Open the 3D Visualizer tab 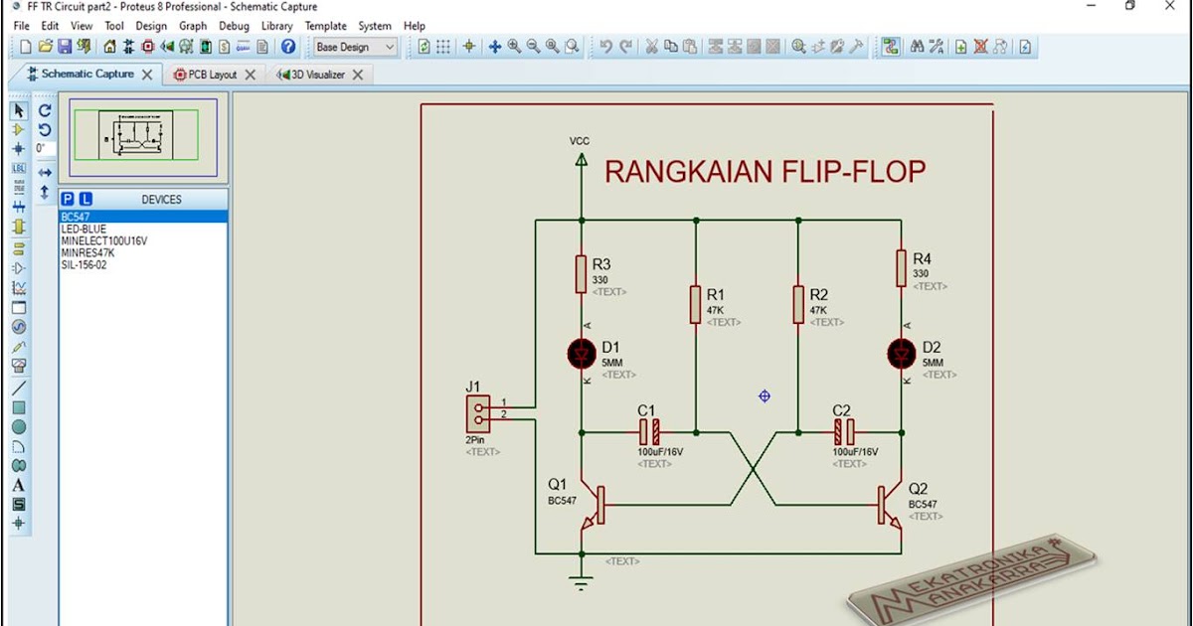pyautogui.click(x=315, y=75)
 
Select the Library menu pyautogui.click(x=276, y=26)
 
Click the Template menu pyautogui.click(x=325, y=26)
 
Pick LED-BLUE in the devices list pyautogui.click(x=84, y=230)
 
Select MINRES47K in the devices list pyautogui.click(x=87, y=253)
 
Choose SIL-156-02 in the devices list pyautogui.click(x=84, y=265)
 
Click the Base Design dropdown pyautogui.click(x=355, y=47)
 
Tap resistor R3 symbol pyautogui.click(x=581, y=274)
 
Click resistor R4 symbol pyautogui.click(x=902, y=268)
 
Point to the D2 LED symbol pyautogui.click(x=902, y=353)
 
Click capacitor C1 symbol pyautogui.click(x=648, y=432)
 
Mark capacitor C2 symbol pyautogui.click(x=843, y=432)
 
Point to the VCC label pyautogui.click(x=580, y=141)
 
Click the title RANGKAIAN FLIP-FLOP pyautogui.click(x=765, y=172)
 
